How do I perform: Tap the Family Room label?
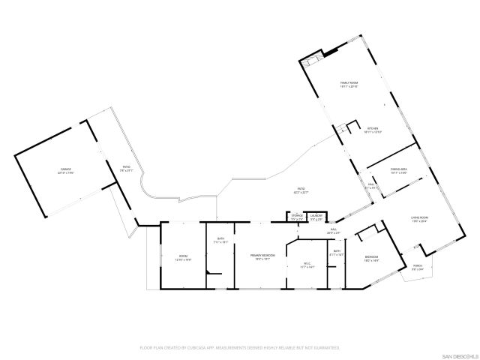pos(349,85)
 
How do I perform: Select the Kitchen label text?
pos(373,130)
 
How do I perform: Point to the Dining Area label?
pos(398,171)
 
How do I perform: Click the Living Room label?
pos(419,220)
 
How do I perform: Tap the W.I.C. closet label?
pos(307,264)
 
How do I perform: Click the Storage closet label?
pos(297,217)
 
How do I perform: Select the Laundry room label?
pos(316,217)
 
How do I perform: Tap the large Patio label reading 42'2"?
pos(301,190)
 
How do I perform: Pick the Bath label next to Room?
pos(221,240)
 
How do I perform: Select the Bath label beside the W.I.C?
pos(337,253)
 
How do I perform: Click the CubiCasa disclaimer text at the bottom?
pos(240,347)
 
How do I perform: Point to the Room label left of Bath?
pos(184,258)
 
